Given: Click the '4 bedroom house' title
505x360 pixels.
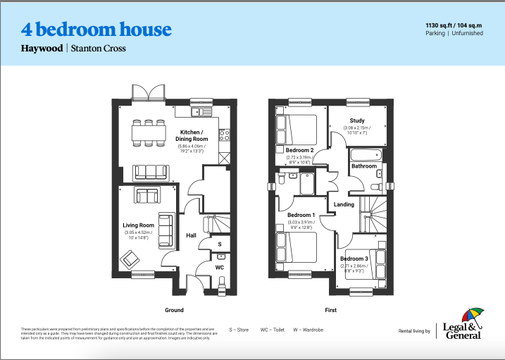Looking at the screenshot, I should coord(96,30).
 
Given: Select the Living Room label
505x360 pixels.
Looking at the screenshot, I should coord(137,225).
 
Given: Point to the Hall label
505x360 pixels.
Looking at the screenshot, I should coord(191,235).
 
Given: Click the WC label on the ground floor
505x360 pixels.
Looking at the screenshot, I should coord(219,268).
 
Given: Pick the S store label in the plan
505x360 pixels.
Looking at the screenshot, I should coord(219,244).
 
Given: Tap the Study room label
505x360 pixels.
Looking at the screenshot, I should coord(356,120).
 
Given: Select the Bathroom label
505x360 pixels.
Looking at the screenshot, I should coord(364,166).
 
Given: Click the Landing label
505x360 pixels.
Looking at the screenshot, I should coord(344,204).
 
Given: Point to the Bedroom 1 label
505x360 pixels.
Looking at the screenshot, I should coord(301,215).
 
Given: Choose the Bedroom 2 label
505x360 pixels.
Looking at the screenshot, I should coord(300,150).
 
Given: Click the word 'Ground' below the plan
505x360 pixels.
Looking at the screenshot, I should coord(174,310).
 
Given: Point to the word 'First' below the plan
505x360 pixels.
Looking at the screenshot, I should coord(331,310).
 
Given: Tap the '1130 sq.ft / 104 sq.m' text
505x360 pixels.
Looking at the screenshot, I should coord(454,25).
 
